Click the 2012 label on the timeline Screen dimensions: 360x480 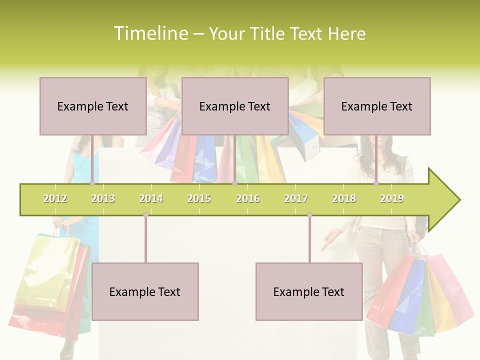coord(55,198)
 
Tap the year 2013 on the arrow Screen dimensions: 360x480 coord(103,198)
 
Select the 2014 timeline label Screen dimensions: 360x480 coord(151,198)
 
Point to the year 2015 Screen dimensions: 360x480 coord(199,198)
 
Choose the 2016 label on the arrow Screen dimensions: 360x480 coord(248,198)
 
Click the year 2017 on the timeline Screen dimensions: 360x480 coord(296,198)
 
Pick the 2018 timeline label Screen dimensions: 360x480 coord(344,198)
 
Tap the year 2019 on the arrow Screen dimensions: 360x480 coord(392,198)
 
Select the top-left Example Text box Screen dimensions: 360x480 coord(93,106)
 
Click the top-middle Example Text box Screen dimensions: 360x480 coord(235,106)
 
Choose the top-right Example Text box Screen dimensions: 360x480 coord(377,106)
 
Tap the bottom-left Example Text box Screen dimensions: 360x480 coord(145,291)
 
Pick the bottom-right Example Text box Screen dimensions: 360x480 coord(309,291)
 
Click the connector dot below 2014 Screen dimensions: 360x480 coord(145,215)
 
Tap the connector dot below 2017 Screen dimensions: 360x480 coord(309,215)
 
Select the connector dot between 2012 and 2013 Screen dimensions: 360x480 coord(92,183)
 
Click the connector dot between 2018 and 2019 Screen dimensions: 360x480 coord(376,183)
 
